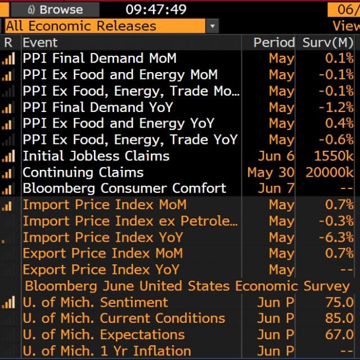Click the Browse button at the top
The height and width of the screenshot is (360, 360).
55,9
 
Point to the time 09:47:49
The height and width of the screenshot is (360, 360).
148,9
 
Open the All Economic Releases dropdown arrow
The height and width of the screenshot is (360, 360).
212,26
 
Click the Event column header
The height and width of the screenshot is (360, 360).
40,43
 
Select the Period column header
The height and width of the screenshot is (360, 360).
274,43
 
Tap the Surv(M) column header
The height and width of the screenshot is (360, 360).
328,43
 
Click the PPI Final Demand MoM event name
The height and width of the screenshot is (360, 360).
100,58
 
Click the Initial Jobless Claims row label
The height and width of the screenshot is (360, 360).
96,156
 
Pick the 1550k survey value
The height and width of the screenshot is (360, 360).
334,156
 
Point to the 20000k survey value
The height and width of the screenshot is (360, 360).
330,172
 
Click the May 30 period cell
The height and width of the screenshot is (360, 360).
271,172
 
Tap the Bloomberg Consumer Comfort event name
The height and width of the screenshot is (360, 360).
124,188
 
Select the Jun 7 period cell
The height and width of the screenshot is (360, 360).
276,188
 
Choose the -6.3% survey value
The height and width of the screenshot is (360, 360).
336,237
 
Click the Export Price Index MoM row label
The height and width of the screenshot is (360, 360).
102,253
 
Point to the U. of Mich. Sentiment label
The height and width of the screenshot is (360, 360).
95,302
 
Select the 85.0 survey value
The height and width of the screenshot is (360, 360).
339,318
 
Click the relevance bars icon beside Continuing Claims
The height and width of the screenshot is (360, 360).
8,173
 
